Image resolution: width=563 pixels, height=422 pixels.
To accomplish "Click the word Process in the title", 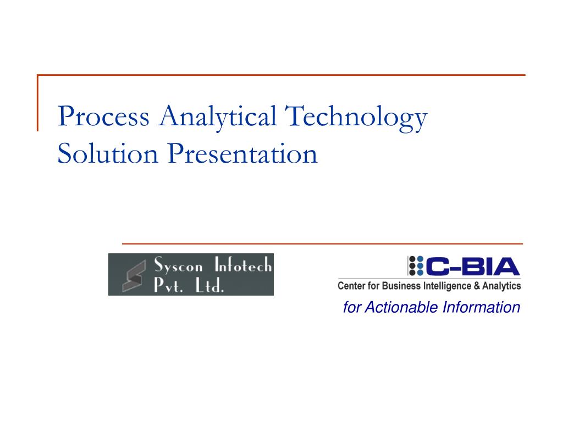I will point(104,117).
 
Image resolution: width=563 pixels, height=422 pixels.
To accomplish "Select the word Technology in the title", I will point(356,117).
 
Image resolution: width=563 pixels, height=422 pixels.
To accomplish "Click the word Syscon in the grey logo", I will point(179,267).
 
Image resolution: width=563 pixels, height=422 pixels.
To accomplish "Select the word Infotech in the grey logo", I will point(242,266).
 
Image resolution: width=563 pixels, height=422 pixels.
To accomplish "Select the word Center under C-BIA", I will point(352,286).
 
